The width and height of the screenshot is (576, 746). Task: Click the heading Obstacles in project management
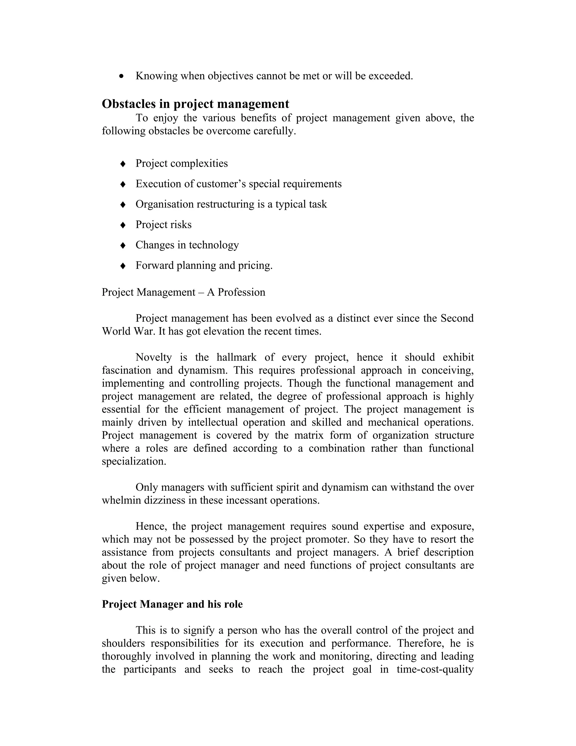coord(195,104)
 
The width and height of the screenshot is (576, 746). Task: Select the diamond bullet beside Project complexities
coord(123,164)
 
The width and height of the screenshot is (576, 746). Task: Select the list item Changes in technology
coord(187,245)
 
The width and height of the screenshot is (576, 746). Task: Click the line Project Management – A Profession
coord(183,292)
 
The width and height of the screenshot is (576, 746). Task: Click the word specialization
coord(134,461)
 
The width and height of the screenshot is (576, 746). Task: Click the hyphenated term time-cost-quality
coord(435,669)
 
